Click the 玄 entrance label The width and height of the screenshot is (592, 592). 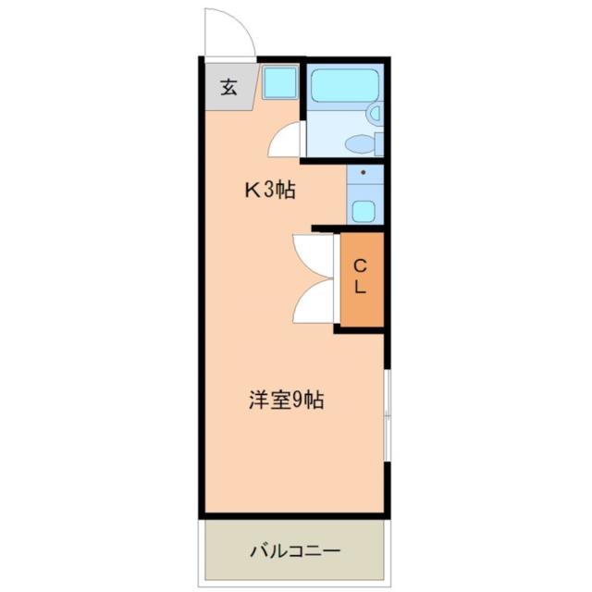coord(228,89)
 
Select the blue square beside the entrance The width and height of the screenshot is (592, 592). coord(278,85)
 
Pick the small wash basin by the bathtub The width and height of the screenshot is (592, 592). coord(374,113)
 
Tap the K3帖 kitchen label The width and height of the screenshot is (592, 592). coord(269,191)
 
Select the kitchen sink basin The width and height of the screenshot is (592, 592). coord(363,211)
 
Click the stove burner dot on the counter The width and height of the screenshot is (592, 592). coord(363,172)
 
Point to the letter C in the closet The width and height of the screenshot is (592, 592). coord(360,265)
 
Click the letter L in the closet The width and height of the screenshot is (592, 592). coord(360,287)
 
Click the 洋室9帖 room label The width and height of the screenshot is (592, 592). coord(286,401)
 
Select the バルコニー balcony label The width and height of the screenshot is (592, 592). coord(295,551)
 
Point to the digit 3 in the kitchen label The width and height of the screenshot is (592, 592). coord(271,191)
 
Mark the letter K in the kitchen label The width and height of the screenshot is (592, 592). coord(251,191)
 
